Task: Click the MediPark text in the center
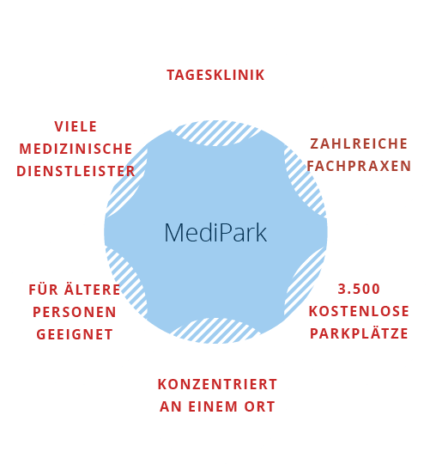coord(215,233)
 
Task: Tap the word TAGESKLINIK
coord(215,75)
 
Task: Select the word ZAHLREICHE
coord(359,143)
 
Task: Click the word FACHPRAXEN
coord(359,166)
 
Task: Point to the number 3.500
coord(359,289)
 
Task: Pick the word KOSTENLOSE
coord(359,311)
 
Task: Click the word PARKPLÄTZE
coord(359,333)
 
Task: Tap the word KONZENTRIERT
coord(217,384)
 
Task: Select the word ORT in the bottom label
coord(259,406)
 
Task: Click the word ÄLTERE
coord(93,289)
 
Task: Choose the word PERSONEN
coord(75,312)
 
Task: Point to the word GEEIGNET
coord(75,334)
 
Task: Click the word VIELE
coord(76,126)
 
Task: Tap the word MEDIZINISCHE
coord(76,149)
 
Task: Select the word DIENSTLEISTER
coord(76,171)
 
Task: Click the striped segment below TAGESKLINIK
coord(215,132)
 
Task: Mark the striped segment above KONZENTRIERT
coord(215,331)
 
